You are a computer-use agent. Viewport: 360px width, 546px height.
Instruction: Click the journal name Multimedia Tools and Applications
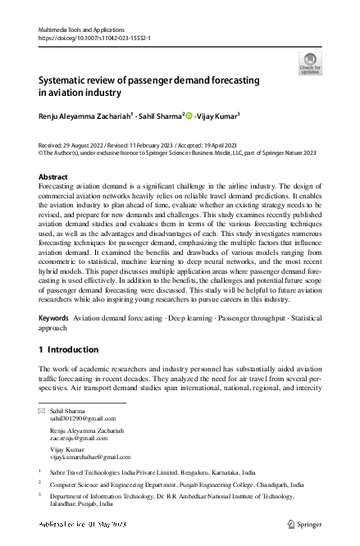tap(85, 30)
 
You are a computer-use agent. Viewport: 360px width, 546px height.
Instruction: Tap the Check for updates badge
tap(309, 63)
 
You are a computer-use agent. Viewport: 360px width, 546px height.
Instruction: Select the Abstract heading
tap(54, 177)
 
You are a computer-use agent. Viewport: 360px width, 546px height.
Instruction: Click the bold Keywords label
tap(54, 317)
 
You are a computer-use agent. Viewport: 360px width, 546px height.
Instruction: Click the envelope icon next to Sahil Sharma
tap(42, 409)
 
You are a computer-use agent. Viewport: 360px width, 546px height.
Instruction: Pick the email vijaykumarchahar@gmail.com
tap(90, 456)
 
